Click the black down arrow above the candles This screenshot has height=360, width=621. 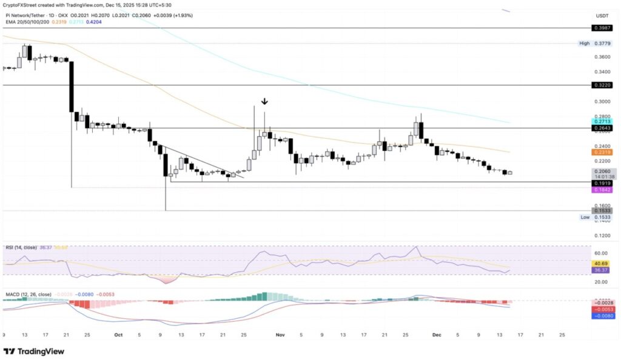(x=264, y=101)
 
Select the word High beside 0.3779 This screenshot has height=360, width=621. (x=585, y=44)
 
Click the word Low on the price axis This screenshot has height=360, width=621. (x=585, y=217)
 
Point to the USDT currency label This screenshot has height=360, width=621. (x=602, y=16)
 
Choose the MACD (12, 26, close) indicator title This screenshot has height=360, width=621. (x=29, y=295)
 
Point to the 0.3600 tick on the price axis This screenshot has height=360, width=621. (x=602, y=57)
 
